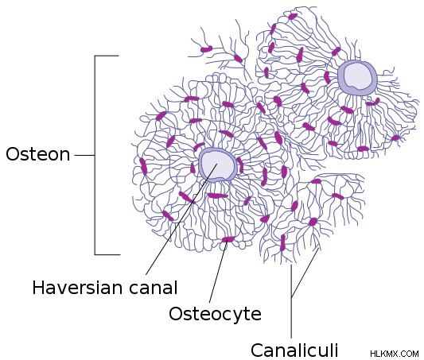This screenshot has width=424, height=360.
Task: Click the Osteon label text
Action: pyautogui.click(x=38, y=154)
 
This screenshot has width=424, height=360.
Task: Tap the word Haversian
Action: pyautogui.click(x=78, y=288)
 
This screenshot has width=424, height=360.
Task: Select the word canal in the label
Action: pyautogui.click(x=153, y=288)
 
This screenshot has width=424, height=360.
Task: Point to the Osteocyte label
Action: pyautogui.click(x=216, y=314)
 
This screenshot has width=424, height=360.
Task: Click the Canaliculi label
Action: pyautogui.click(x=294, y=350)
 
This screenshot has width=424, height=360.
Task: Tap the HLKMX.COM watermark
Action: pyautogui.click(x=395, y=354)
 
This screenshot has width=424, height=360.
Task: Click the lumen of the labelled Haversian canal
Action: pyautogui.click(x=217, y=165)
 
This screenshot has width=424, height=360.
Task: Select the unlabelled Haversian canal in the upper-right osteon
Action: pyautogui.click(x=357, y=78)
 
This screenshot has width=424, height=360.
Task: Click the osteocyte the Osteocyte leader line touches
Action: pyautogui.click(x=228, y=239)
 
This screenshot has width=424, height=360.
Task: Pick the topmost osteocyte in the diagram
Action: pyautogui.click(x=293, y=17)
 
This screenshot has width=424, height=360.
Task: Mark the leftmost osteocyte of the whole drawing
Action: pyautogui.click(x=143, y=166)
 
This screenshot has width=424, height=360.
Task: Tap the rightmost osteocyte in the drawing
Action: pyautogui.click(x=395, y=138)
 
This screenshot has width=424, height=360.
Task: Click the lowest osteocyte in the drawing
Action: pyautogui.click(x=283, y=242)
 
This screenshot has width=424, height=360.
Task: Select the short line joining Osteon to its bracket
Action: pyautogui.click(x=84, y=155)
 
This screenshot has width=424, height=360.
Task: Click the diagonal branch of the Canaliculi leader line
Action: pyautogui.click(x=305, y=273)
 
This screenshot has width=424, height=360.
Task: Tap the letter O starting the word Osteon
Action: pyautogui.click(x=12, y=154)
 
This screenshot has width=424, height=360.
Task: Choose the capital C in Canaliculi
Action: pyautogui.click(x=258, y=350)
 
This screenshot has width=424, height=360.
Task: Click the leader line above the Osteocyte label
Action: pyautogui.click(x=218, y=273)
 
